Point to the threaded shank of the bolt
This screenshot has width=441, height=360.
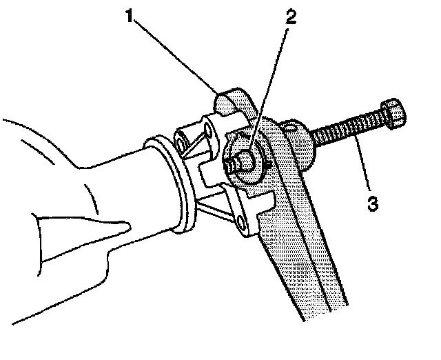[x=348, y=130]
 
